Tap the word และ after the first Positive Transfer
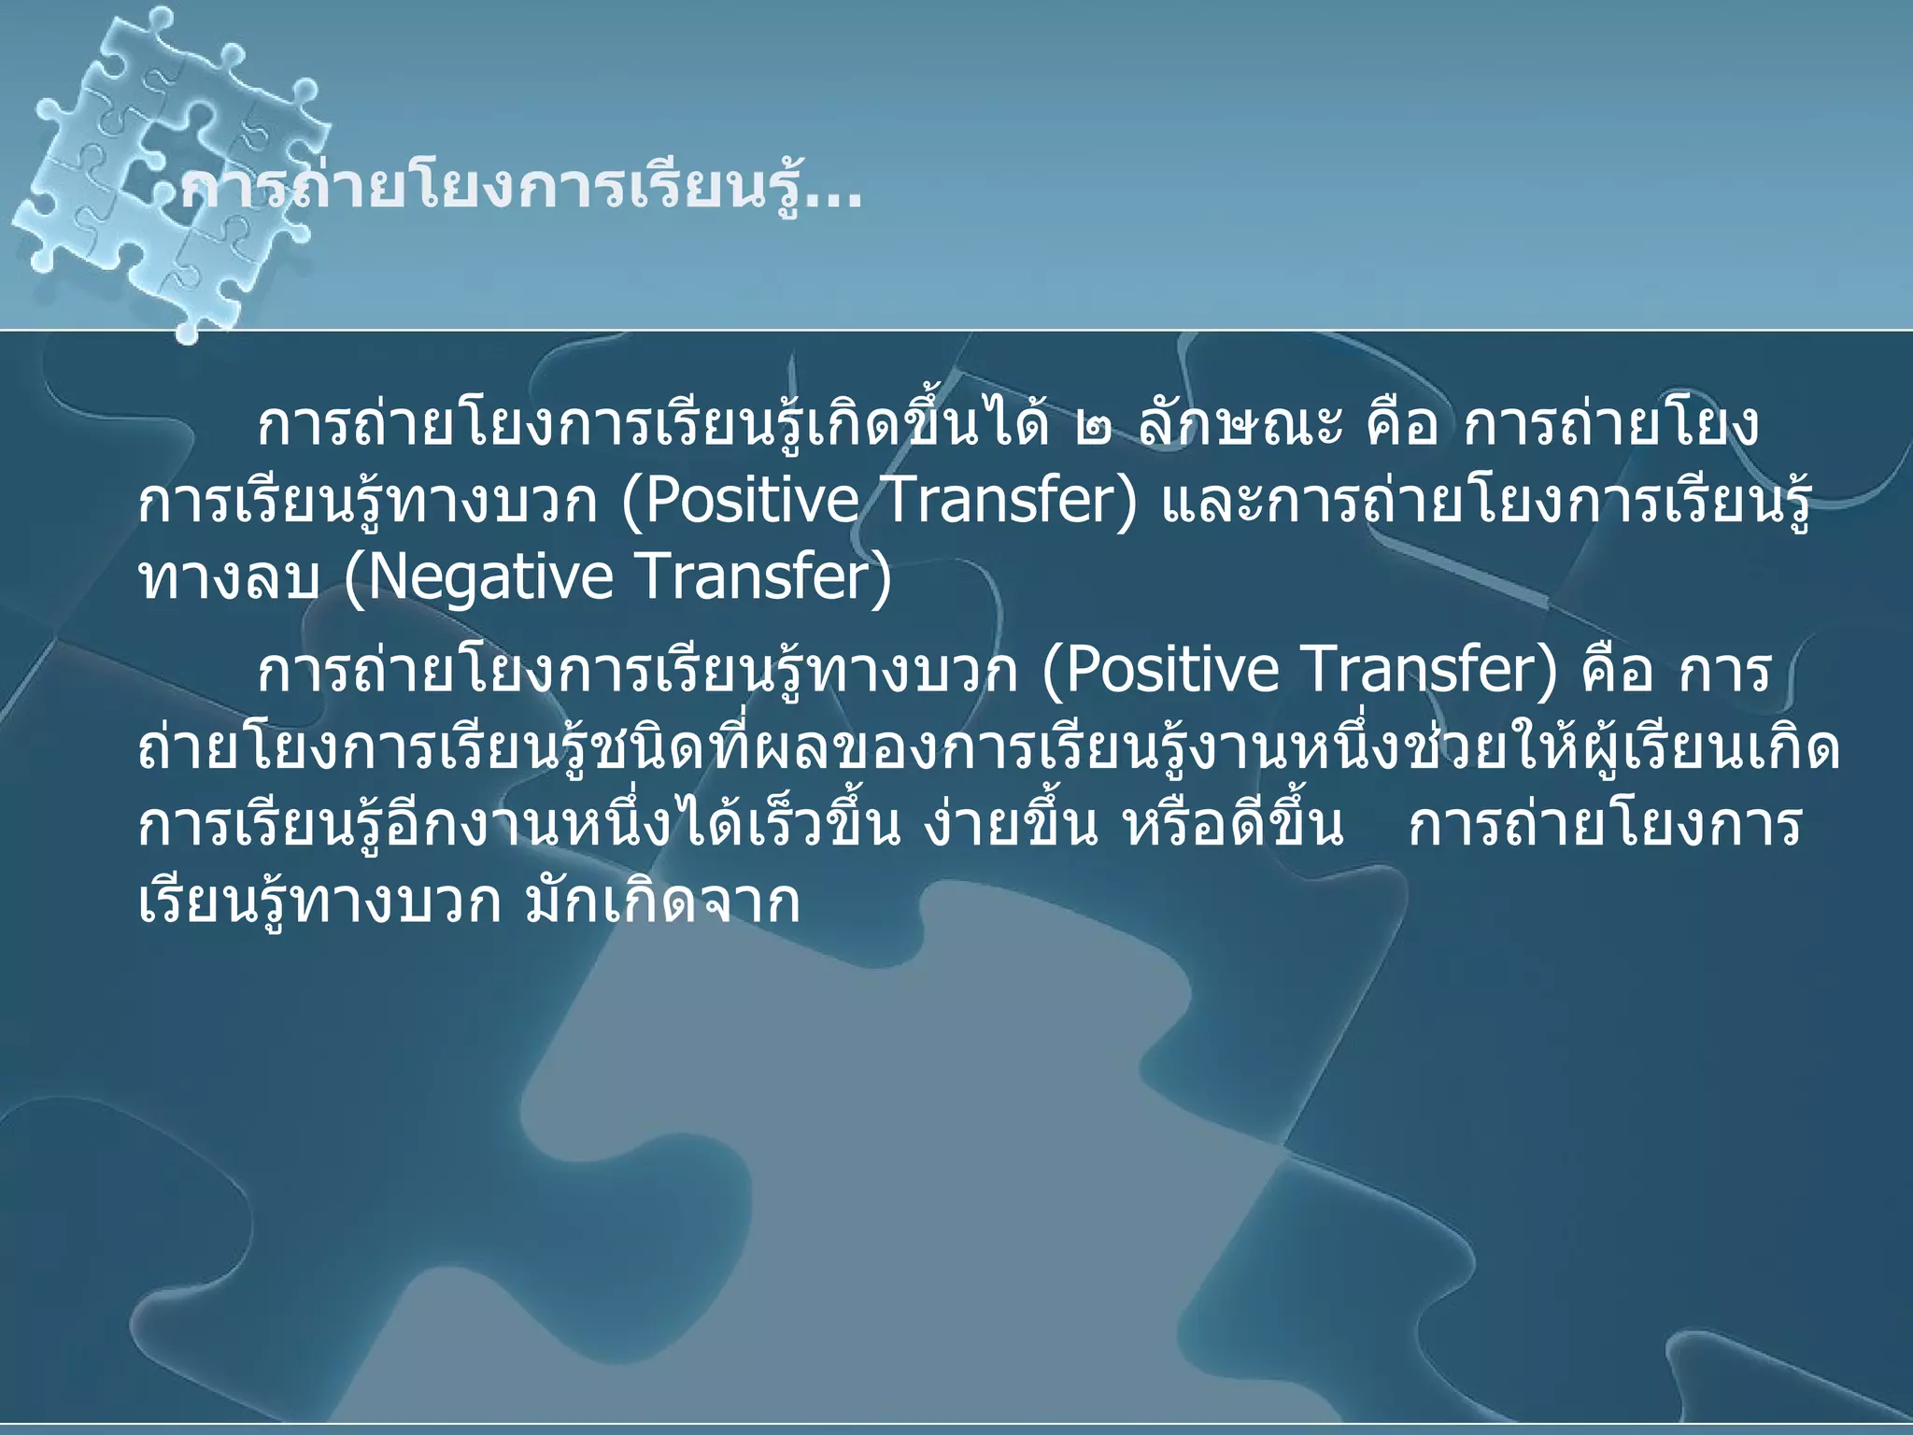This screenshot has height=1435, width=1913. point(1196,503)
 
